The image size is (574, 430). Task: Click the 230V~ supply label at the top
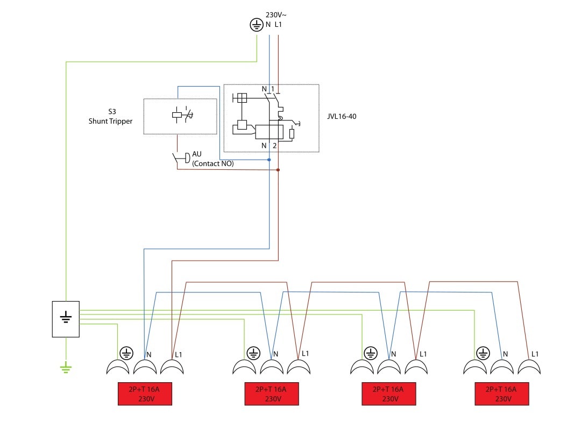click(276, 15)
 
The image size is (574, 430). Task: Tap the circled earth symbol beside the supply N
click(257, 25)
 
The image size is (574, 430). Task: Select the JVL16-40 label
click(342, 116)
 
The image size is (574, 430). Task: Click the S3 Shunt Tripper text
click(110, 117)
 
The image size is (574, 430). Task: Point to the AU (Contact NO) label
click(212, 159)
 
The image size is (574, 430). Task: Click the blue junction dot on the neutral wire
click(269, 160)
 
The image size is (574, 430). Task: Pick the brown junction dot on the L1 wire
click(278, 170)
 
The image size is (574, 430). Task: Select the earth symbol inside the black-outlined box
click(66, 317)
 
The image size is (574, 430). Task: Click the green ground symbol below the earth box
click(66, 367)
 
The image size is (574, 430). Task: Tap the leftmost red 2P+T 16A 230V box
click(145, 394)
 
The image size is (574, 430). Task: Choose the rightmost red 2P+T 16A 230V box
click(502, 394)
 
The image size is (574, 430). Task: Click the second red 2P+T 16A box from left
click(272, 394)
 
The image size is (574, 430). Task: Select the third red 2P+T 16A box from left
click(389, 394)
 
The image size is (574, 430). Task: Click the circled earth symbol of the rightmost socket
click(483, 353)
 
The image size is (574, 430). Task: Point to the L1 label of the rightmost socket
click(535, 354)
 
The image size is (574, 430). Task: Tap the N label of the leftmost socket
click(148, 355)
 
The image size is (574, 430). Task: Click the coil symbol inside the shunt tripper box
click(177, 115)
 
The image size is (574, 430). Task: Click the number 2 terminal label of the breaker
click(274, 146)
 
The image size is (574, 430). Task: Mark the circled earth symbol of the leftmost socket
click(126, 353)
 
